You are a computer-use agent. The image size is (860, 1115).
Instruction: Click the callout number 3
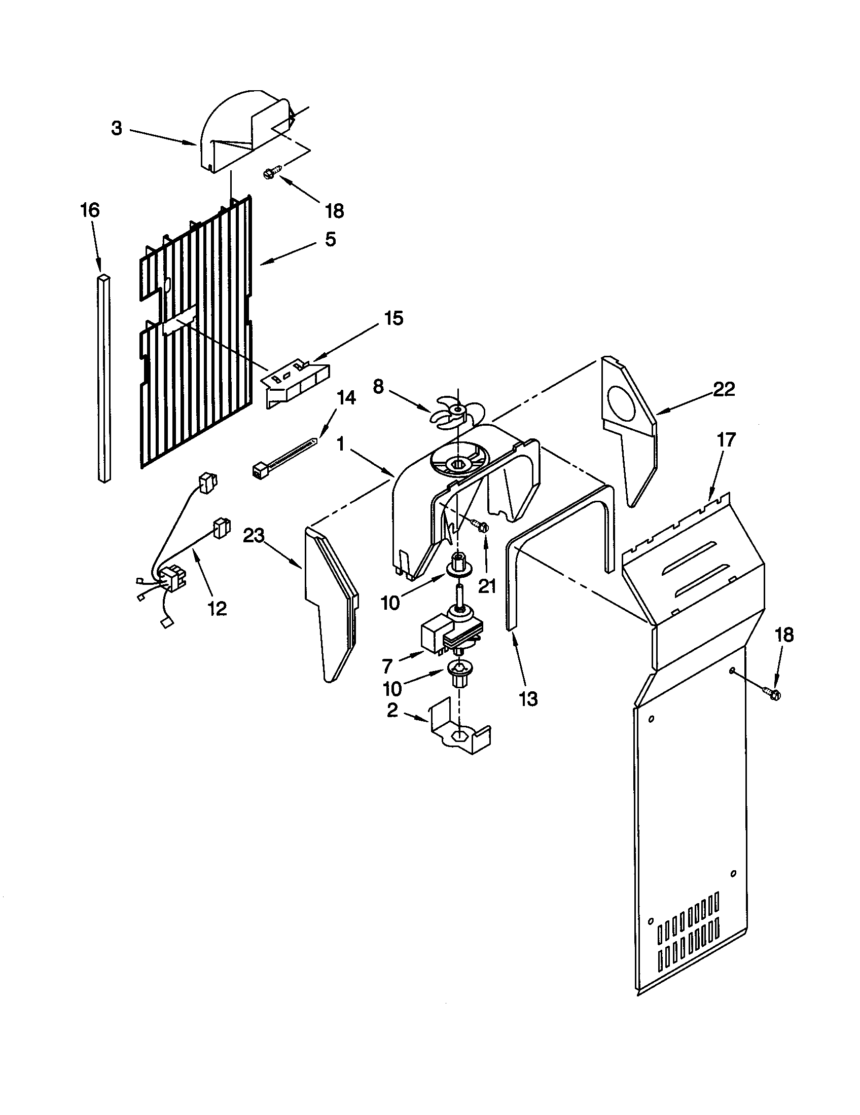tap(117, 129)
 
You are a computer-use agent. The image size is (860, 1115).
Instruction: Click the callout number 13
tap(528, 699)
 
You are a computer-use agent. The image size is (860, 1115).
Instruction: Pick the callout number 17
tap(726, 439)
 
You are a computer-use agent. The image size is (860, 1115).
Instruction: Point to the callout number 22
tap(724, 390)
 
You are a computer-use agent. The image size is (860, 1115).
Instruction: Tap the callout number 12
tap(218, 608)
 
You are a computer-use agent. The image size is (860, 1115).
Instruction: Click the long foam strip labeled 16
tap(104, 378)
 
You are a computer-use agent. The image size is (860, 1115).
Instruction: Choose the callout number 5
tap(331, 239)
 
